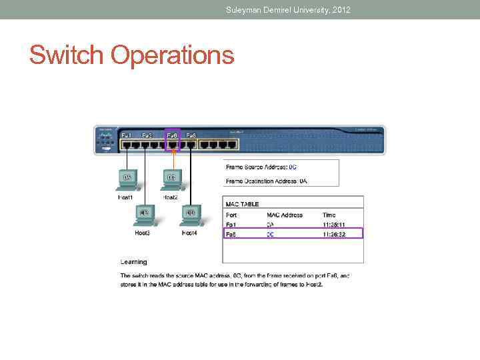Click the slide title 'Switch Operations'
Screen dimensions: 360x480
click(131, 55)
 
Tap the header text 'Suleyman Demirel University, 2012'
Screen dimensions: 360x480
click(288, 9)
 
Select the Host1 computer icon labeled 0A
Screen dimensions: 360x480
click(127, 179)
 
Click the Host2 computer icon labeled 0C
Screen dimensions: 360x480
click(171, 179)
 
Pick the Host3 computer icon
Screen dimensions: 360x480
click(143, 214)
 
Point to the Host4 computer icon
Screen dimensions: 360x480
click(190, 214)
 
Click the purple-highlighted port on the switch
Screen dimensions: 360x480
click(173, 142)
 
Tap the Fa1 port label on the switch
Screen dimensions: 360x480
click(126, 135)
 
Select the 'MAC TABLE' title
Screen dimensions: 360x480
click(243, 204)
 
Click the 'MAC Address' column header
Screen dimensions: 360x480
click(285, 215)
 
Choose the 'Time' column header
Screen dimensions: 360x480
click(329, 215)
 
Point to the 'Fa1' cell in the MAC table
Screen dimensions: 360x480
click(231, 225)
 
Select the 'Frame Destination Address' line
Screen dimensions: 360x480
click(266, 181)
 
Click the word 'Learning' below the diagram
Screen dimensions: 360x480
click(133, 262)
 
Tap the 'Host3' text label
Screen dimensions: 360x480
click(143, 233)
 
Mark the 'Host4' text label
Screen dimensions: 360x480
click(189, 233)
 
